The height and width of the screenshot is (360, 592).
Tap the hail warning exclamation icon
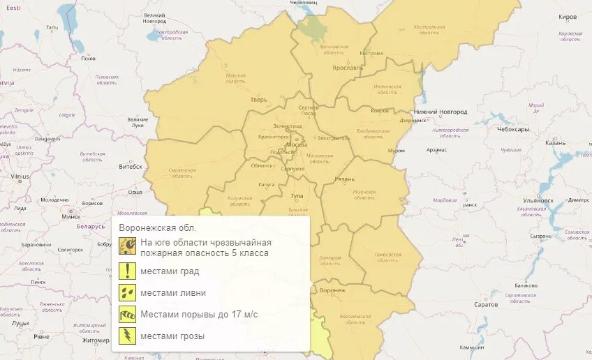[127, 271]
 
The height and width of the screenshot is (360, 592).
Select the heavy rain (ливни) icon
[127, 292]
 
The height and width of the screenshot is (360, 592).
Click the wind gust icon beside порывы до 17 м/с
[127, 314]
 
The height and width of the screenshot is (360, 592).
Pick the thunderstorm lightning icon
[127, 336]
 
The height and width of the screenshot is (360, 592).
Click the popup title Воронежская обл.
[158, 227]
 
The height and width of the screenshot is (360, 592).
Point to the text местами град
[170, 271]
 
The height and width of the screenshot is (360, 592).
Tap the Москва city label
[297, 144]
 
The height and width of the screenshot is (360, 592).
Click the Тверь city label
[259, 100]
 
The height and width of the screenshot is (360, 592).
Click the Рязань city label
[345, 179]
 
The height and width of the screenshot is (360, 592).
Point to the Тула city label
[297, 197]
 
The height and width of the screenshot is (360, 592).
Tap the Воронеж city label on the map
[332, 290]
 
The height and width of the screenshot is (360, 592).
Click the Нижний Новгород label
[435, 112]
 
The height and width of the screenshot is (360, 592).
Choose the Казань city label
[556, 142]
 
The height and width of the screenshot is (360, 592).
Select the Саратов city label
[486, 304]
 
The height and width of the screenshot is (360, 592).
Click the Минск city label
[71, 216]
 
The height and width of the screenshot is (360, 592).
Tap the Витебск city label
[130, 167]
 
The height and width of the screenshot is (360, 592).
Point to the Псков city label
[88, 58]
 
